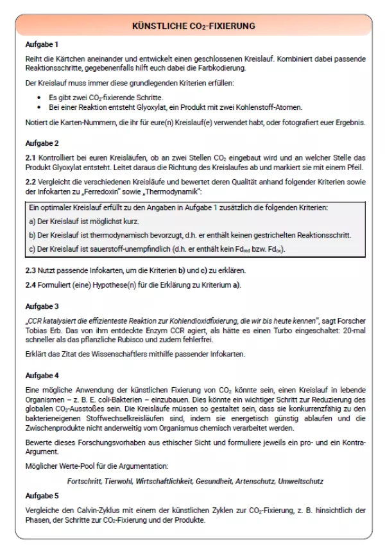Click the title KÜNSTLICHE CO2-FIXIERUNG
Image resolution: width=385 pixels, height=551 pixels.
click(x=193, y=26)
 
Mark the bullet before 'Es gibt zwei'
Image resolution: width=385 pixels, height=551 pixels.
click(x=40, y=96)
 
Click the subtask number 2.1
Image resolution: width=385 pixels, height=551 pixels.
click(x=31, y=158)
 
